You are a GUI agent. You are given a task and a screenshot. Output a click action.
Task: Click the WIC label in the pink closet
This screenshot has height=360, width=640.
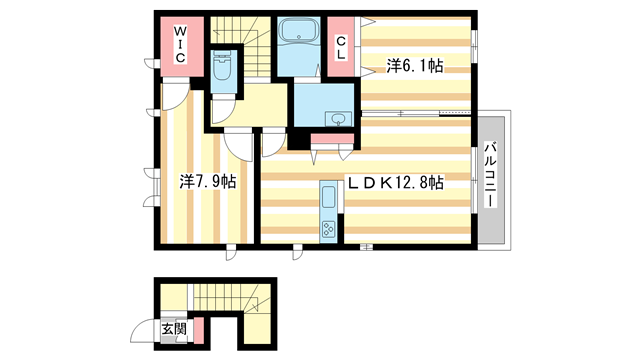(181, 45)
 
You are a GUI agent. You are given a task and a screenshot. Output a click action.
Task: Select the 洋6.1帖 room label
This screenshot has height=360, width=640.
(415, 66)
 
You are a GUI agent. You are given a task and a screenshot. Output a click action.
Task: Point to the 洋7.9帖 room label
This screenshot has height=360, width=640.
(208, 182)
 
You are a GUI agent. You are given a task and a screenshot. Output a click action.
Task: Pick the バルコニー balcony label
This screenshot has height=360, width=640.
(491, 175)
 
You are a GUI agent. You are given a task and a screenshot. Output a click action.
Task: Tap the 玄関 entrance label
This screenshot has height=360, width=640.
(173, 328)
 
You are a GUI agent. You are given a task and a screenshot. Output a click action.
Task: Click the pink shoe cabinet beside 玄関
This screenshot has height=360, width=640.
(199, 329)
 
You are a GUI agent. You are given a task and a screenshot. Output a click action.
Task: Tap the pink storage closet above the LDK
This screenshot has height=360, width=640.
(331, 139)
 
